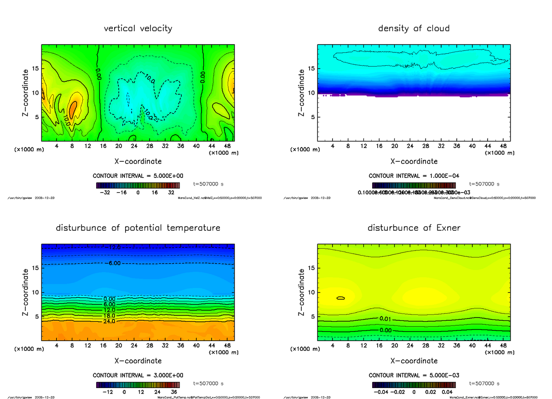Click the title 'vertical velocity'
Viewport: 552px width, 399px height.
click(x=138, y=28)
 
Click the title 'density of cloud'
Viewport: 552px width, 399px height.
click(x=414, y=28)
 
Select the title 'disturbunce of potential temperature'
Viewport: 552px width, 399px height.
click(x=138, y=228)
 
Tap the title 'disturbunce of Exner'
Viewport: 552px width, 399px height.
click(x=414, y=228)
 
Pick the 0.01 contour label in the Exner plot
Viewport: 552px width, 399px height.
click(x=385, y=319)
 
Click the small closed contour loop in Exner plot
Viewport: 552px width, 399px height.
click(x=341, y=298)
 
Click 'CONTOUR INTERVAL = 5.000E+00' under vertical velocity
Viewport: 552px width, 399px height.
click(x=138, y=176)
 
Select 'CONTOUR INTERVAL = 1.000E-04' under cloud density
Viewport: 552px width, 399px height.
click(x=414, y=176)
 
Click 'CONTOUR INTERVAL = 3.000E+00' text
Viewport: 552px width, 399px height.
click(x=138, y=375)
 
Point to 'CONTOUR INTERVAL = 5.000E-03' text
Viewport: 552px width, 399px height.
click(x=414, y=375)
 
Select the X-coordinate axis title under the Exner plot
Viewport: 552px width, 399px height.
click(x=414, y=361)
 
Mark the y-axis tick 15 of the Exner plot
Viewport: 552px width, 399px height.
click(x=311, y=268)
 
